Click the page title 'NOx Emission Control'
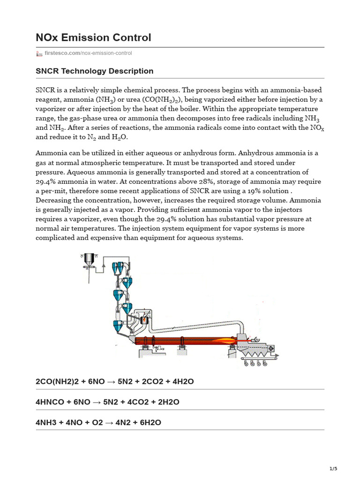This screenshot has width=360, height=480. pos(93,37)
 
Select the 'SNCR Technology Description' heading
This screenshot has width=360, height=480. pos(95,71)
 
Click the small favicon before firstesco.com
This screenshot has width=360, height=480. pos(39,53)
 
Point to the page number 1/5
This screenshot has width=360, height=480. pos(333,469)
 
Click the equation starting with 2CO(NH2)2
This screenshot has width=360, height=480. pos(115,382)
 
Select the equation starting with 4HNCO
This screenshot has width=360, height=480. pos(107,402)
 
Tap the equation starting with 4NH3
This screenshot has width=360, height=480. pos(98,422)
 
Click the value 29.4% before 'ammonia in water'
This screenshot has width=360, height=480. pos(46,182)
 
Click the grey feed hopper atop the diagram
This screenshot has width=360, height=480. pos(89,258)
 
